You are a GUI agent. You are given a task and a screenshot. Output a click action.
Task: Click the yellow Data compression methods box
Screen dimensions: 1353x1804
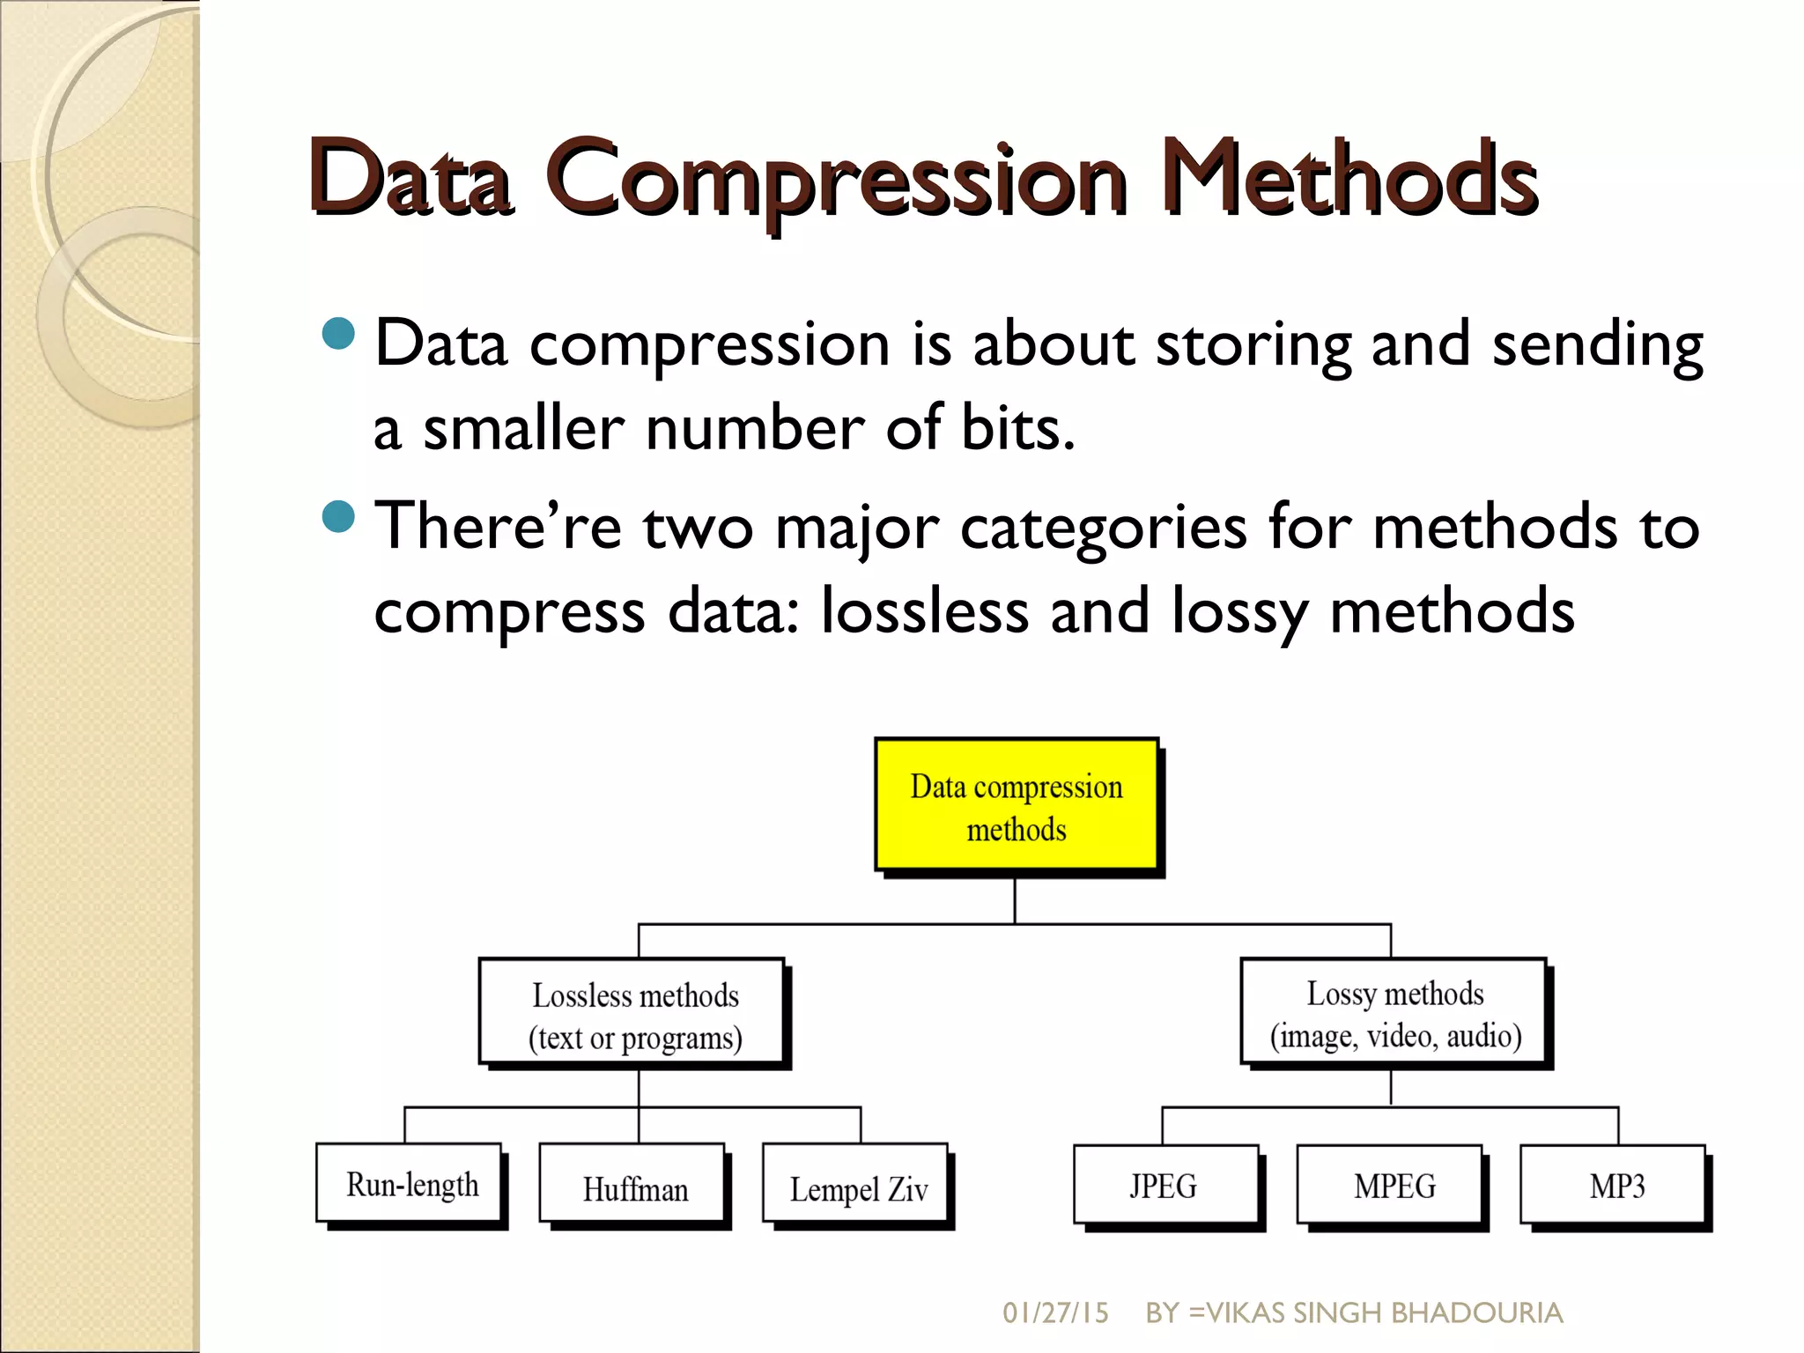(x=1016, y=805)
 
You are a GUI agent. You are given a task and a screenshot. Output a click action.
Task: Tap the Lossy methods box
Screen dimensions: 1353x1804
(x=1394, y=1012)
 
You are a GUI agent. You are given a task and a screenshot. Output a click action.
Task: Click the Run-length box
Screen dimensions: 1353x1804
(x=410, y=1183)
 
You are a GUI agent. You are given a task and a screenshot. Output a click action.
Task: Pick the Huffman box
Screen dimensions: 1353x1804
(x=632, y=1185)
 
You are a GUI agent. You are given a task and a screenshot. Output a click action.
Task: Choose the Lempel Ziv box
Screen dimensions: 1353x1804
(x=856, y=1185)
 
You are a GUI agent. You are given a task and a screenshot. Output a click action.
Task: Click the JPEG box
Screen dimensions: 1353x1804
(x=1164, y=1185)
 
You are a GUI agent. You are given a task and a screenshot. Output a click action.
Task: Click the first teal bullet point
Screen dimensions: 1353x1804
(x=338, y=334)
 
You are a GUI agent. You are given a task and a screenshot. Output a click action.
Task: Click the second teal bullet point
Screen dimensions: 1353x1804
(x=338, y=517)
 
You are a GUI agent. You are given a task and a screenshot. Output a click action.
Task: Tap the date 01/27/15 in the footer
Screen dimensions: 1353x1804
(x=1054, y=1312)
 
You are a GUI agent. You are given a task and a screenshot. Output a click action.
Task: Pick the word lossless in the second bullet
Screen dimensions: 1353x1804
(x=924, y=610)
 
